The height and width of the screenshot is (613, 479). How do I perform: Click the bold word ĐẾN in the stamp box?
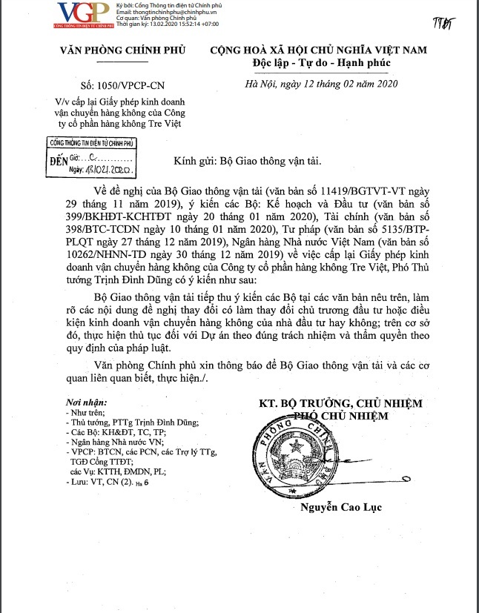click(x=59, y=159)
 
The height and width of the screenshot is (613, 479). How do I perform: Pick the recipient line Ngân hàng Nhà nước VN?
click(x=117, y=441)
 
